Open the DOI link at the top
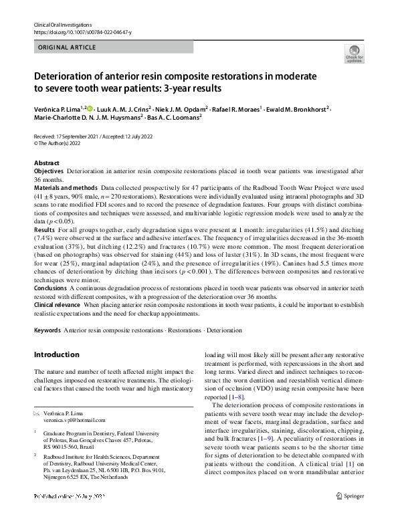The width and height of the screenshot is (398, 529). tap(82, 32)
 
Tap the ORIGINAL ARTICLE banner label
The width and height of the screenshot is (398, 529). tap(67, 47)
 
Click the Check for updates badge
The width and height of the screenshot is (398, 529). tap(354, 55)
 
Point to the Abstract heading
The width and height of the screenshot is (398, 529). tap(46, 163)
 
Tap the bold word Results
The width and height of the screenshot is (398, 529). tap(44, 229)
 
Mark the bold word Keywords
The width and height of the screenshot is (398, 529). tap(47, 330)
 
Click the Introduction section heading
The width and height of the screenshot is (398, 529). tap(56, 354)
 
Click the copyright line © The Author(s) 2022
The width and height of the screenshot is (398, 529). tap(62, 142)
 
